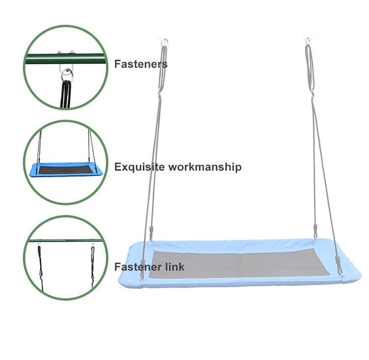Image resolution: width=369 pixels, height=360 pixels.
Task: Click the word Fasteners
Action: tap(141, 64)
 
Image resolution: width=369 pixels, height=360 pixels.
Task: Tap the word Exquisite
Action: tap(139, 167)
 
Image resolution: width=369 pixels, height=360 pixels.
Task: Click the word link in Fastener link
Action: tap(175, 267)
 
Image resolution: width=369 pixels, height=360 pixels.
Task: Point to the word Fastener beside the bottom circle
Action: tap(139, 267)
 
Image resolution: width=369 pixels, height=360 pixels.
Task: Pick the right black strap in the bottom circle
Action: tap(92, 261)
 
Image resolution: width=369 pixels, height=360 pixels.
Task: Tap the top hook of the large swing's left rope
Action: tap(164, 41)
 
